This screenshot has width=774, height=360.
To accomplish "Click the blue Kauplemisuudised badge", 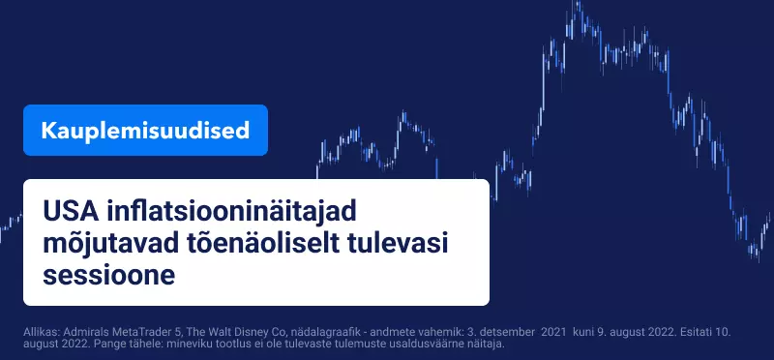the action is (x=145, y=131).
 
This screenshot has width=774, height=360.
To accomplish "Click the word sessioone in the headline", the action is (x=109, y=276).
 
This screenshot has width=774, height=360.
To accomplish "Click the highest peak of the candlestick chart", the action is (x=577, y=2).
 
